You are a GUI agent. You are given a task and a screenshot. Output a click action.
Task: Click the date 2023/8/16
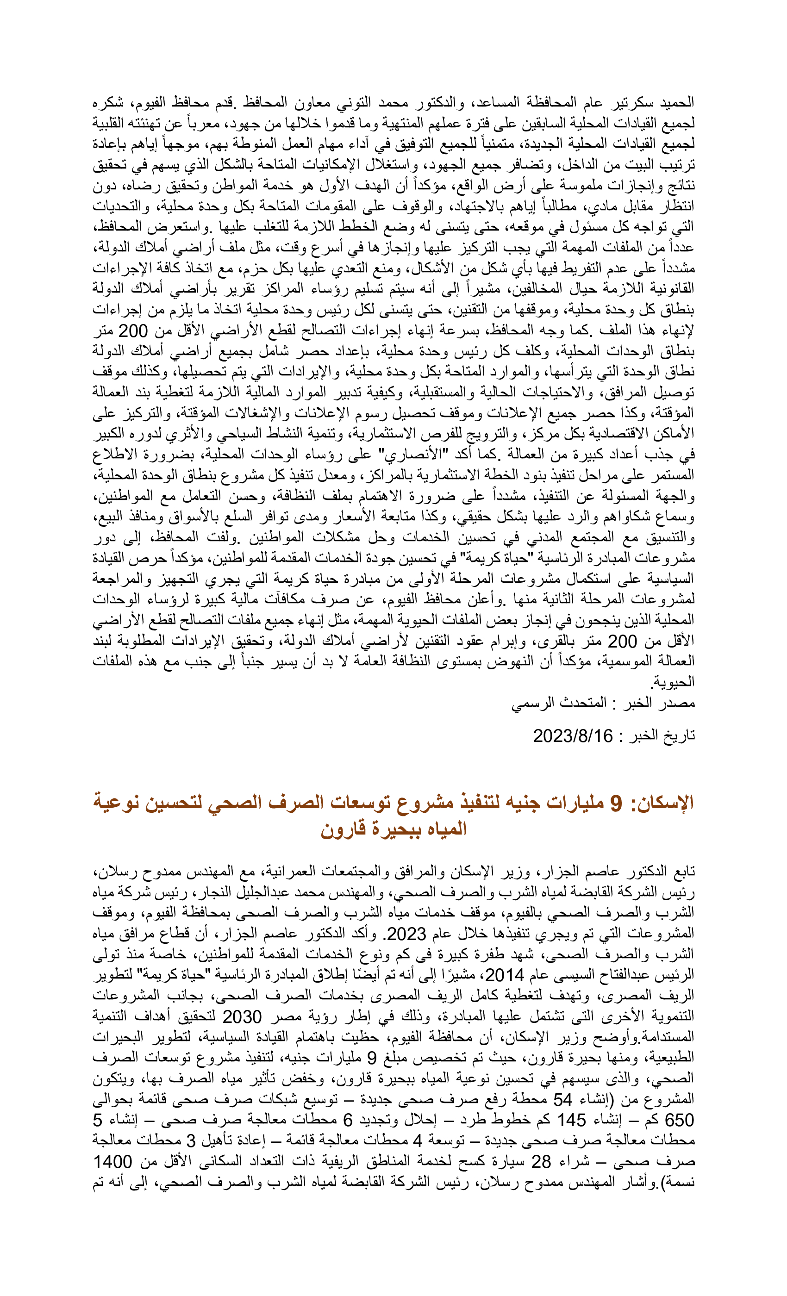coord(572,736)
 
